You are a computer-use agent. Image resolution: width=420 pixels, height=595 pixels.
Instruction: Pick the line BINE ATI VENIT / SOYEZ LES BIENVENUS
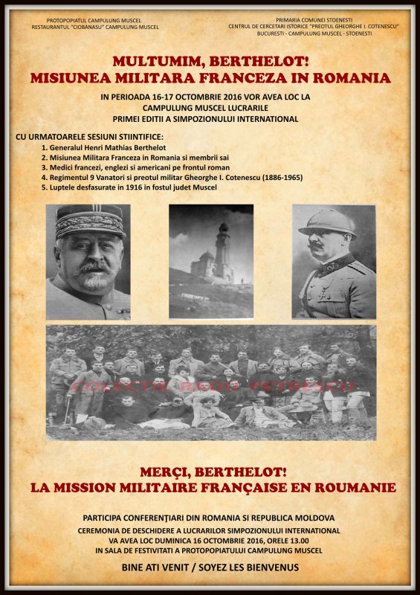(210, 567)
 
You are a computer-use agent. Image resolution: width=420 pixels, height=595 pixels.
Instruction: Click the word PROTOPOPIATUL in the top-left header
(66, 19)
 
